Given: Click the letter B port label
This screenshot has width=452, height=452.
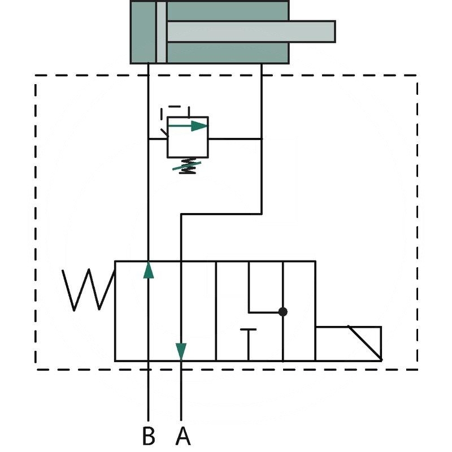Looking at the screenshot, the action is (x=149, y=435).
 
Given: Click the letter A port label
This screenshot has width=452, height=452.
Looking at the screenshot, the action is (x=183, y=435).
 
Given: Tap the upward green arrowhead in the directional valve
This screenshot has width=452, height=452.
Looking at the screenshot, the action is (x=149, y=270).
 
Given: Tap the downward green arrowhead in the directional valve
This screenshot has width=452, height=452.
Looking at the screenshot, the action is (x=181, y=351).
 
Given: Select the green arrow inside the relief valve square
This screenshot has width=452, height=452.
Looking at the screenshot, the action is (x=188, y=126).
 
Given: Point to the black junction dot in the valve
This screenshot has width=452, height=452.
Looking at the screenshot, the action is (x=283, y=312).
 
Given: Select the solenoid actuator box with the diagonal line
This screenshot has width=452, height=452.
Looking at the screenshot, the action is (x=349, y=344).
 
